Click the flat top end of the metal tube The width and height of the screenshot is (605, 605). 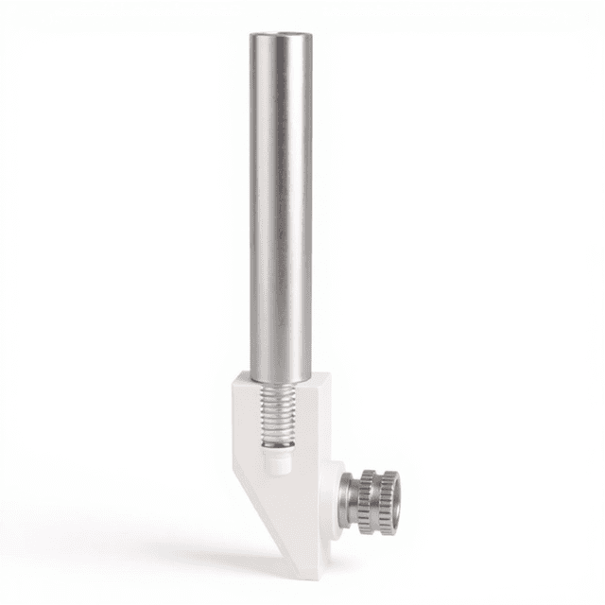click(x=281, y=37)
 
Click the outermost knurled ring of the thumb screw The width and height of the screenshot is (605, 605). click(x=385, y=501)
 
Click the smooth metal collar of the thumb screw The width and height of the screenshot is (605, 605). click(x=349, y=496)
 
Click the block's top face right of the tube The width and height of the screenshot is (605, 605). click(x=319, y=381)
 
